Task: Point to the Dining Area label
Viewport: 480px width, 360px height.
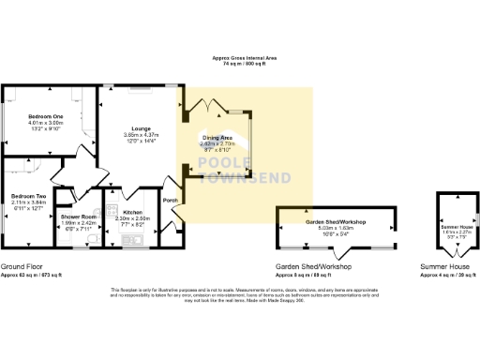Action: tap(218, 138)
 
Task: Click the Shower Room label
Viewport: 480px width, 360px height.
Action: tap(81, 216)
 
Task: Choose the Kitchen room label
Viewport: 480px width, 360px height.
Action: tap(132, 213)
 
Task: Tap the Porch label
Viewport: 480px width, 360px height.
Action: tap(170, 200)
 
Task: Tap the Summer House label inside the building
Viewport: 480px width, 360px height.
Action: tap(453, 227)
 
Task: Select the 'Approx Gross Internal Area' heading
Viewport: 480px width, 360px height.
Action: tap(239, 58)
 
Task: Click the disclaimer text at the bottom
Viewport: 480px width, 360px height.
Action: tap(239, 295)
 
